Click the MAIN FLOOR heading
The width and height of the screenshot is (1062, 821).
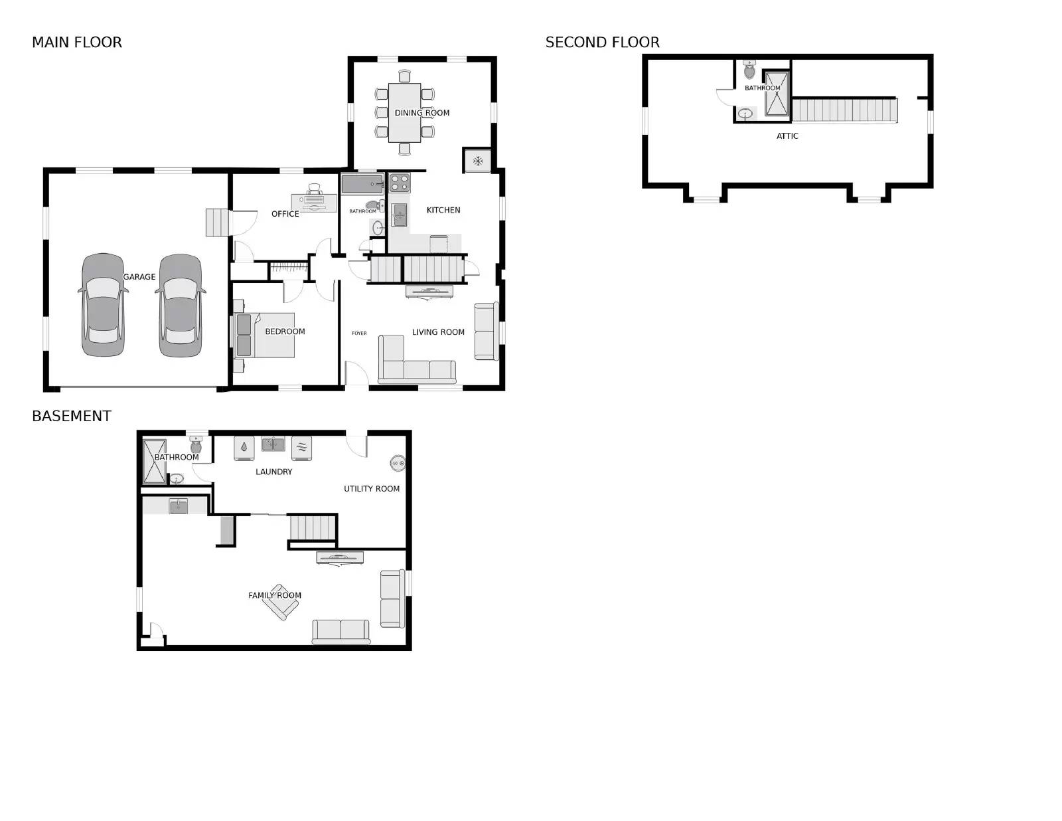77,43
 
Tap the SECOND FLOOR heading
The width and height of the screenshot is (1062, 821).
602,43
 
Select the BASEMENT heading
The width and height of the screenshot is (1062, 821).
72,416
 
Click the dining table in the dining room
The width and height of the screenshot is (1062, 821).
404,112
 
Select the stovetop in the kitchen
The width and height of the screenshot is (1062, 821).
399,183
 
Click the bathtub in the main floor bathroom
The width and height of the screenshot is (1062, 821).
362,183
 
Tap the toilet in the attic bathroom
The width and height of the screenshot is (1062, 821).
749,70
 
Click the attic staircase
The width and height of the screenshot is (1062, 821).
844,110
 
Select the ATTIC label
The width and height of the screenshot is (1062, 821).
787,136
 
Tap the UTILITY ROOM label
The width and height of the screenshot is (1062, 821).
371,489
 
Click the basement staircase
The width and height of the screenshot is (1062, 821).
313,528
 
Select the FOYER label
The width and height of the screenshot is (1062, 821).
359,333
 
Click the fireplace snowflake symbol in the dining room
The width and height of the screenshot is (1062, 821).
477,161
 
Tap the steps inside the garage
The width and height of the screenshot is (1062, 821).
217,223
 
